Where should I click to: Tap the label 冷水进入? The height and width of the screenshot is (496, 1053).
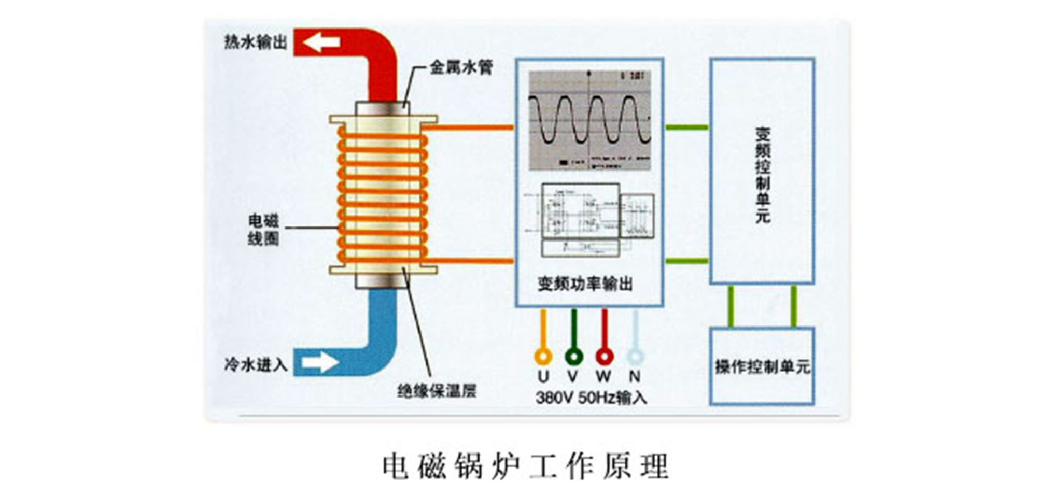click(256, 365)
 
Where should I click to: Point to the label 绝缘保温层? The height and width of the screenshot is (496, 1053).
click(437, 390)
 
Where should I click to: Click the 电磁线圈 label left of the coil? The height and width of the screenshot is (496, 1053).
click(263, 230)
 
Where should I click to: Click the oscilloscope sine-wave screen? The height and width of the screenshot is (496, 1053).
click(589, 120)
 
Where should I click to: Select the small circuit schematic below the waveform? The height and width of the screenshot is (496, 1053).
click(589, 220)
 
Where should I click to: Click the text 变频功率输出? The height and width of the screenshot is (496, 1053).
click(585, 284)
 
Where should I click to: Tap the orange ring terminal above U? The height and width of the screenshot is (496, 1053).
click(543, 356)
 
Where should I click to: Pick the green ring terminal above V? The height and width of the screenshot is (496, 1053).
click(573, 356)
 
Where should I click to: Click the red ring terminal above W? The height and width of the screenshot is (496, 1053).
click(605, 356)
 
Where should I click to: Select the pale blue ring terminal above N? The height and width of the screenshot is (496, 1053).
click(635, 356)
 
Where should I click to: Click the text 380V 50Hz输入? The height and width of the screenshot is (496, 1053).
click(591, 398)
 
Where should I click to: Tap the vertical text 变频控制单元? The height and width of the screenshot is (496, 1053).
click(762, 175)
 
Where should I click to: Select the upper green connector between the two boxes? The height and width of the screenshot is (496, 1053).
click(686, 127)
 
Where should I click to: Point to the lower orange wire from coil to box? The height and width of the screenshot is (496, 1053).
click(469, 260)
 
